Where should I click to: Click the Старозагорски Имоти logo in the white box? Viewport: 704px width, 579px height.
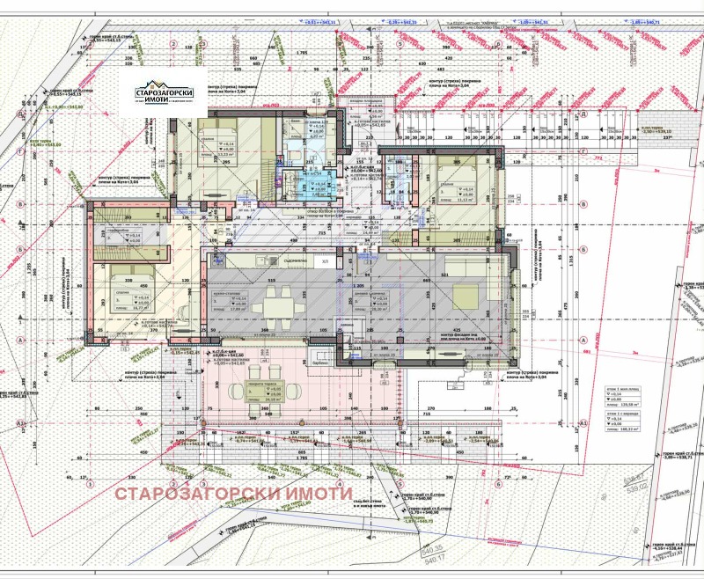(x=168, y=94)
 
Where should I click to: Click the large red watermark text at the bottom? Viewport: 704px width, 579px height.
(x=234, y=493)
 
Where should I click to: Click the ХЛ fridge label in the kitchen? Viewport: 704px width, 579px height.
(x=325, y=261)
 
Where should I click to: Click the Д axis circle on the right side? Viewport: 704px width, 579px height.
(x=584, y=115)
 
